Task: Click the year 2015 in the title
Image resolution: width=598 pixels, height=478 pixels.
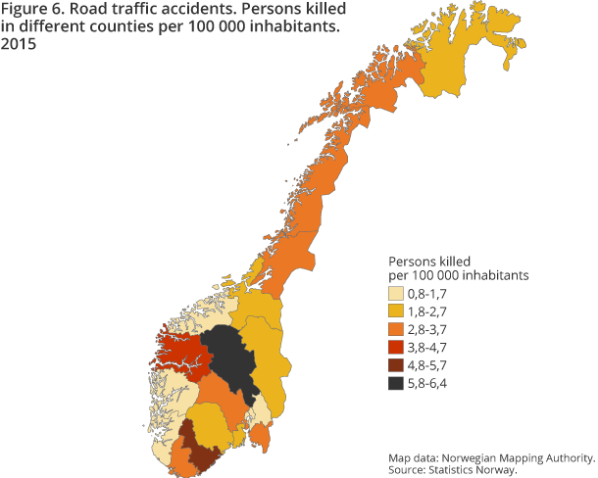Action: (x=21, y=45)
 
